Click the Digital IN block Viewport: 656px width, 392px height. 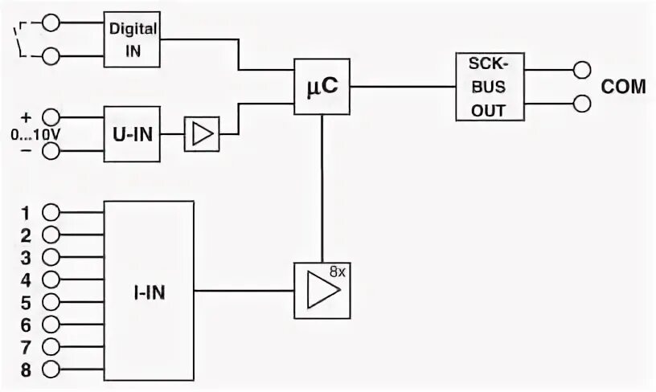[x=133, y=39]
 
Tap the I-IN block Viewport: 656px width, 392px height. [x=150, y=290]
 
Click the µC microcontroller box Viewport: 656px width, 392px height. [x=322, y=86]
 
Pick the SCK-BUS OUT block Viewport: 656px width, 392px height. [x=488, y=87]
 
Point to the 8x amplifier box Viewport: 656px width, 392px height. [x=322, y=290]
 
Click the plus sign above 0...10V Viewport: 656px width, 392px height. [x=26, y=116]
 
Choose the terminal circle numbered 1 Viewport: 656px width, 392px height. [x=52, y=213]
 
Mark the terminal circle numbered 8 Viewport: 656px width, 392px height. [x=52, y=370]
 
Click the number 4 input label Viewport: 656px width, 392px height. [x=26, y=280]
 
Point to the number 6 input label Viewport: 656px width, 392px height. [x=26, y=325]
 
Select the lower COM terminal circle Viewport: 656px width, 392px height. [x=581, y=103]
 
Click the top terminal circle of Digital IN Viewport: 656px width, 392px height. [x=52, y=23]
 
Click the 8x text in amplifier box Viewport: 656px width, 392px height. [x=338, y=272]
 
